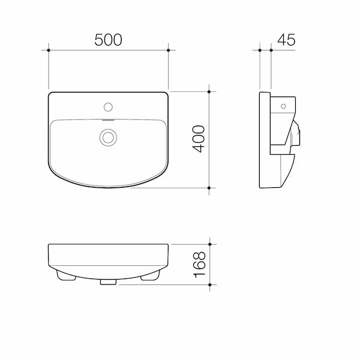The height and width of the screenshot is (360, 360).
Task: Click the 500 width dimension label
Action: pos(108,40)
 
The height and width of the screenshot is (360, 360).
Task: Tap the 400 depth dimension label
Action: pos(199,139)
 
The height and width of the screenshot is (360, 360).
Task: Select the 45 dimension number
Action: pos(286,40)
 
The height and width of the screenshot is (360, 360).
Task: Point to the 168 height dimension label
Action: pos(200,265)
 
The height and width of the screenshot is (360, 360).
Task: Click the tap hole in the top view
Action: pos(108,107)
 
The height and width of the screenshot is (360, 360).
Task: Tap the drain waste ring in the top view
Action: pos(108,137)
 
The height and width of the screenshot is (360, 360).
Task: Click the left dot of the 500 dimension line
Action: pos(49,50)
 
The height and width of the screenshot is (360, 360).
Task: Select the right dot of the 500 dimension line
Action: pos(168,50)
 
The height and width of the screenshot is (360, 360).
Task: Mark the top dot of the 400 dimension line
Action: pos(209,92)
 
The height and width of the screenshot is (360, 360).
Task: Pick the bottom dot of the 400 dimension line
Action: pos(209,188)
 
